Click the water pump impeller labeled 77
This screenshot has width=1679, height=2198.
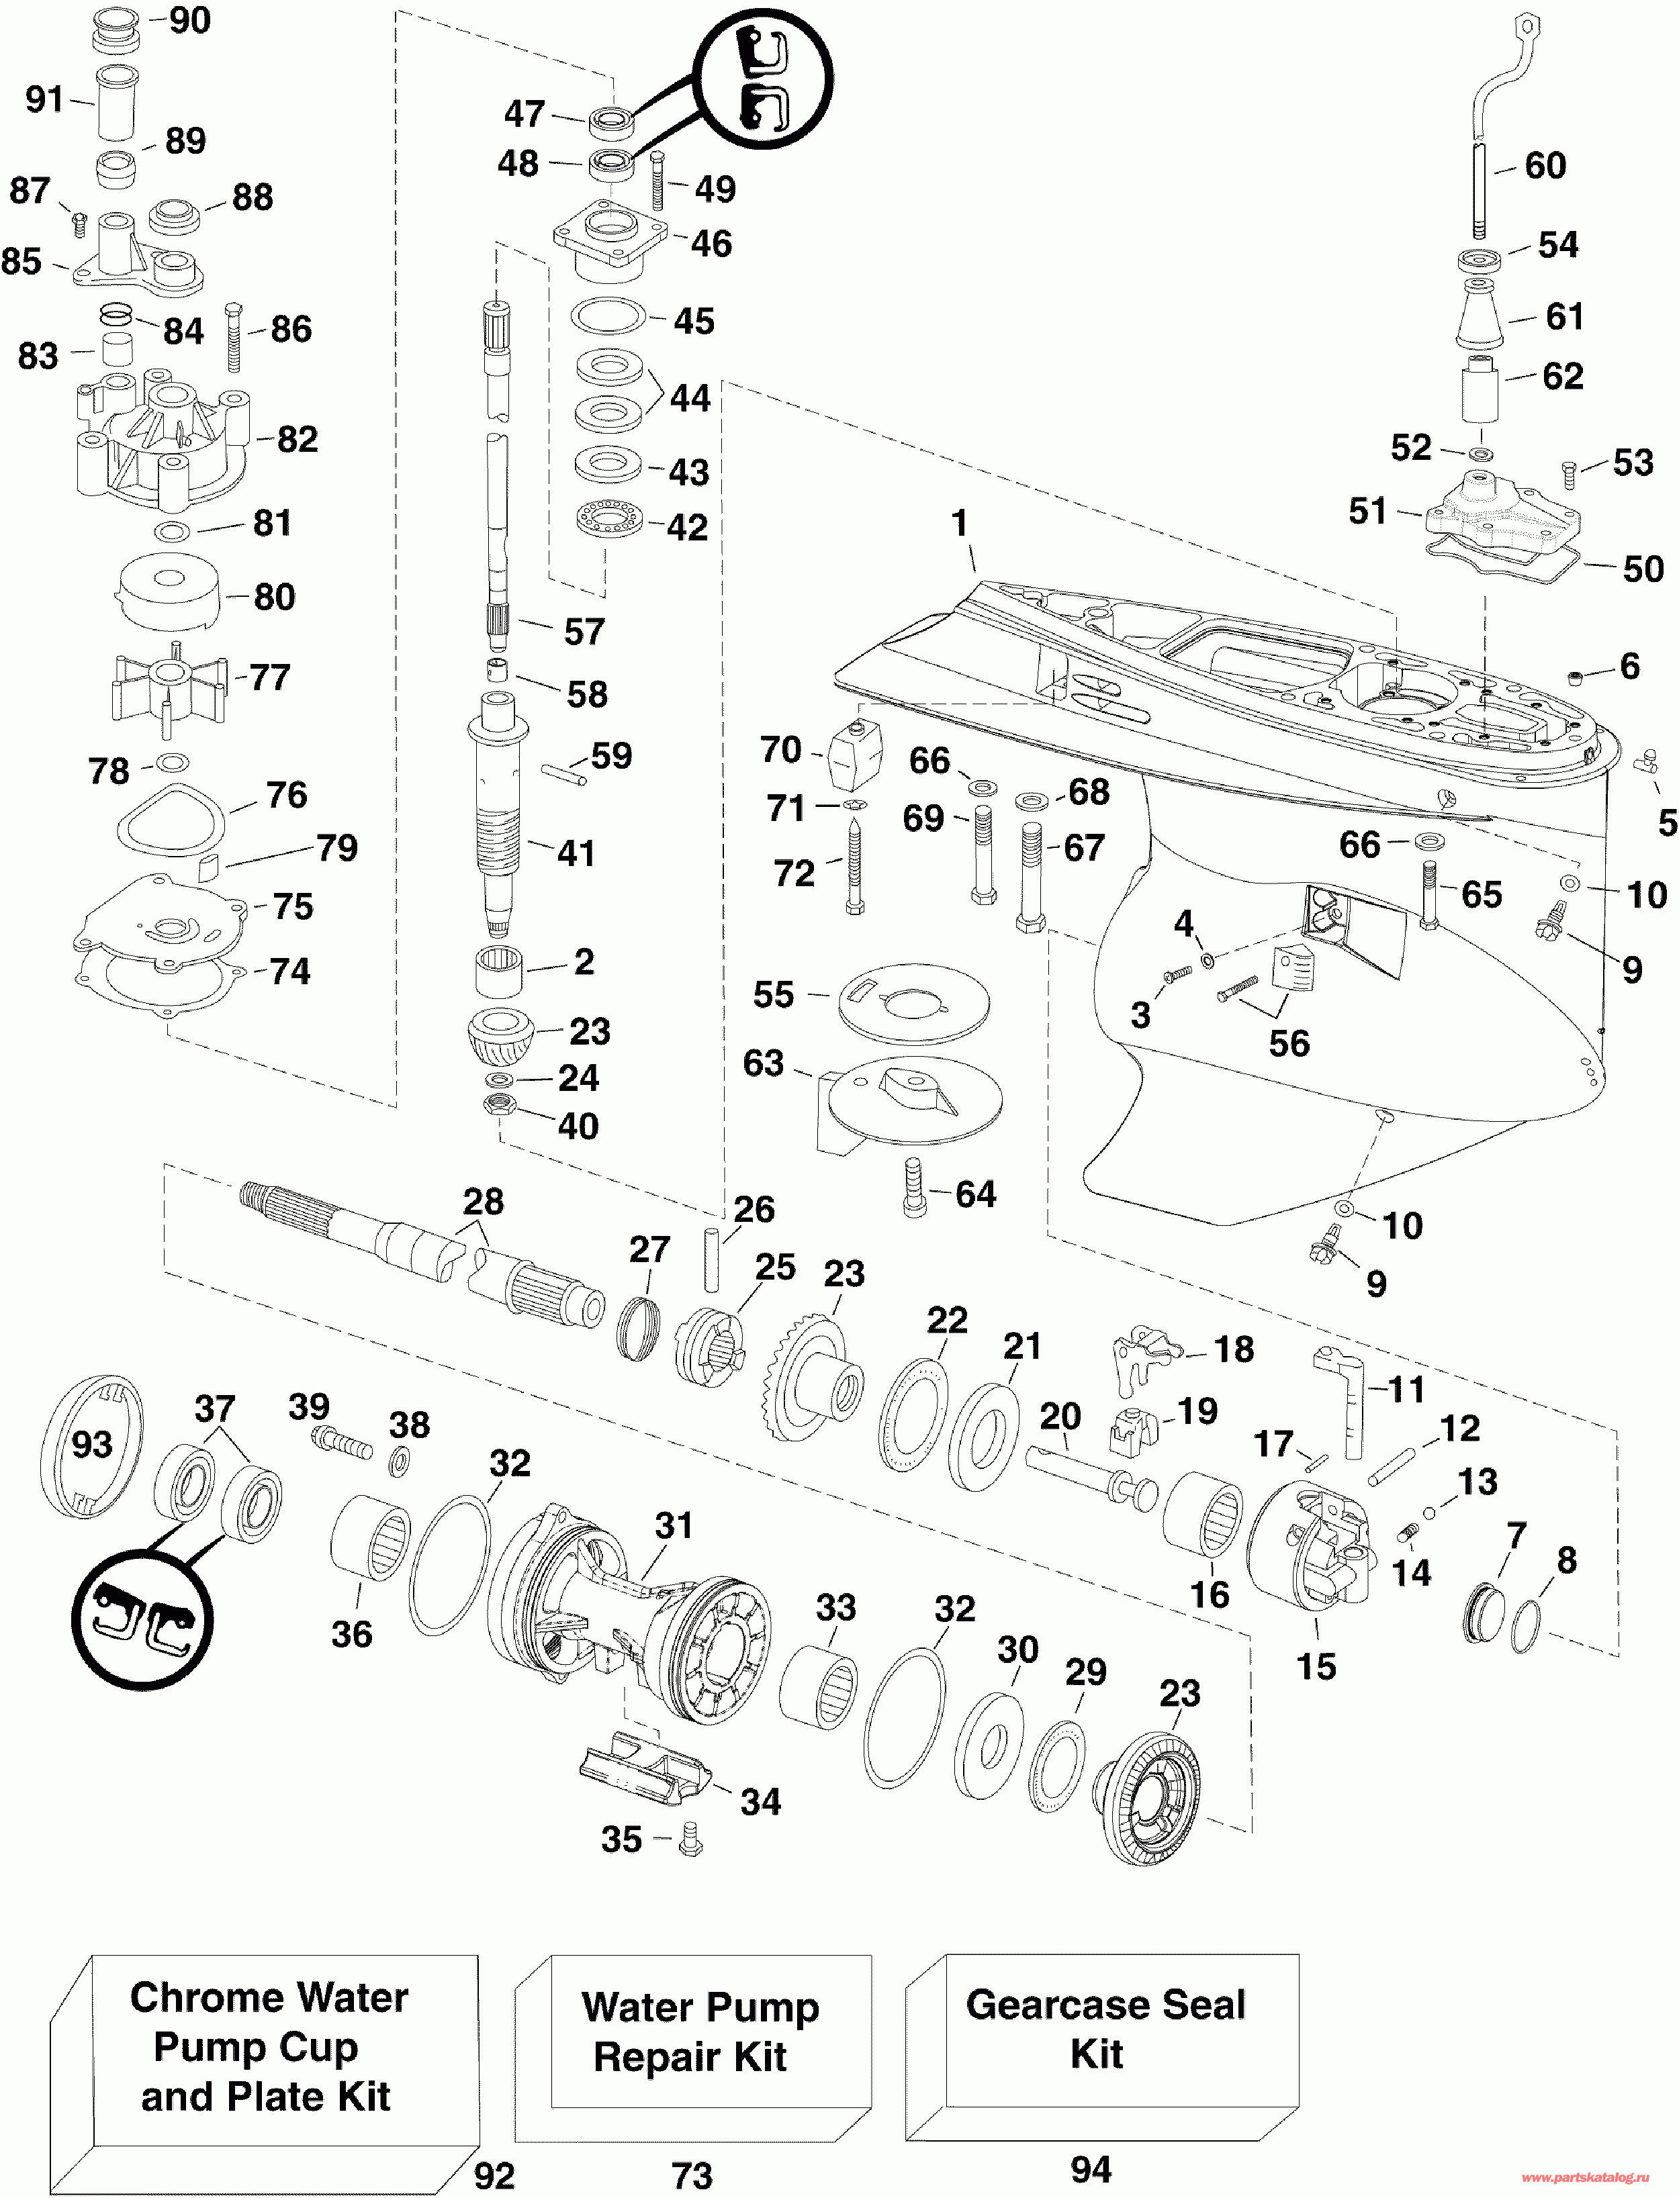click(168, 688)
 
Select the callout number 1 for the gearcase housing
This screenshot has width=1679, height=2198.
click(960, 522)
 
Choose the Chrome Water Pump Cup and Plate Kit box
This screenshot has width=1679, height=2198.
click(265, 2073)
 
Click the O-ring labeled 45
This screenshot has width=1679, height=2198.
click(608, 317)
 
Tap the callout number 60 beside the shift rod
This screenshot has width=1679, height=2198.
click(1545, 166)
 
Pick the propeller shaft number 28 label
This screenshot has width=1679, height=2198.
click(483, 1201)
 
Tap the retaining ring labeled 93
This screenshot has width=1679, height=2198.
click(91, 1445)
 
